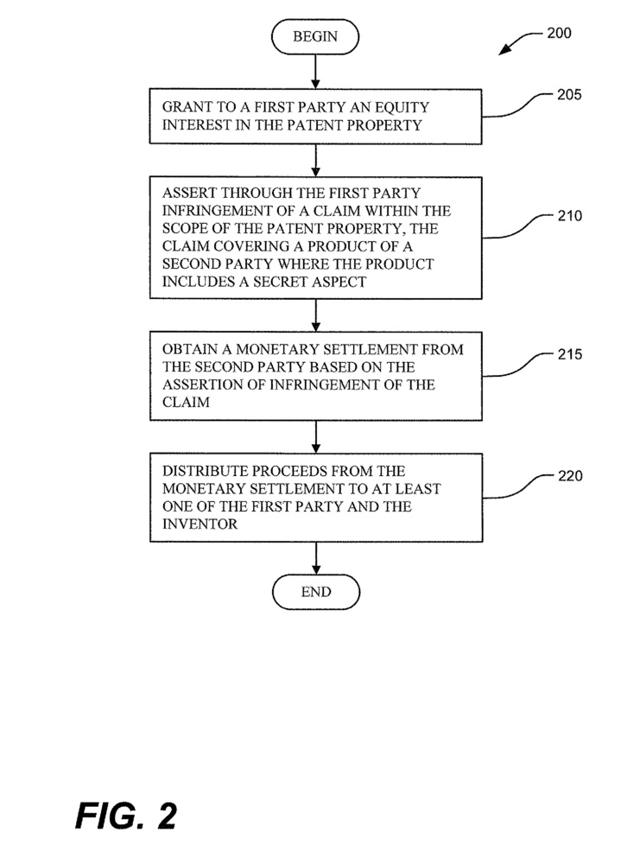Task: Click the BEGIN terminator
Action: click(x=315, y=36)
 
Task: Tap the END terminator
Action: click(x=315, y=592)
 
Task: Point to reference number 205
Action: click(x=569, y=95)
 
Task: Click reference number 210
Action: click(x=569, y=216)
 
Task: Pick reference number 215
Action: click(x=569, y=355)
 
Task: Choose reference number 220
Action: click(x=569, y=476)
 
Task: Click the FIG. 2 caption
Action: click(x=126, y=815)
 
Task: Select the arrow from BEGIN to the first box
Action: click(x=316, y=70)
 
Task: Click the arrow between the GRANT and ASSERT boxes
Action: click(x=316, y=160)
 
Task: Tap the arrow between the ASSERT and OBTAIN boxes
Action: click(x=316, y=314)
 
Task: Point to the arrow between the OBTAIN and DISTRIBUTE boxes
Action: click(x=316, y=436)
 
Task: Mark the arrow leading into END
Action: click(x=316, y=558)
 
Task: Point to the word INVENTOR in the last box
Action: click(x=200, y=523)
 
